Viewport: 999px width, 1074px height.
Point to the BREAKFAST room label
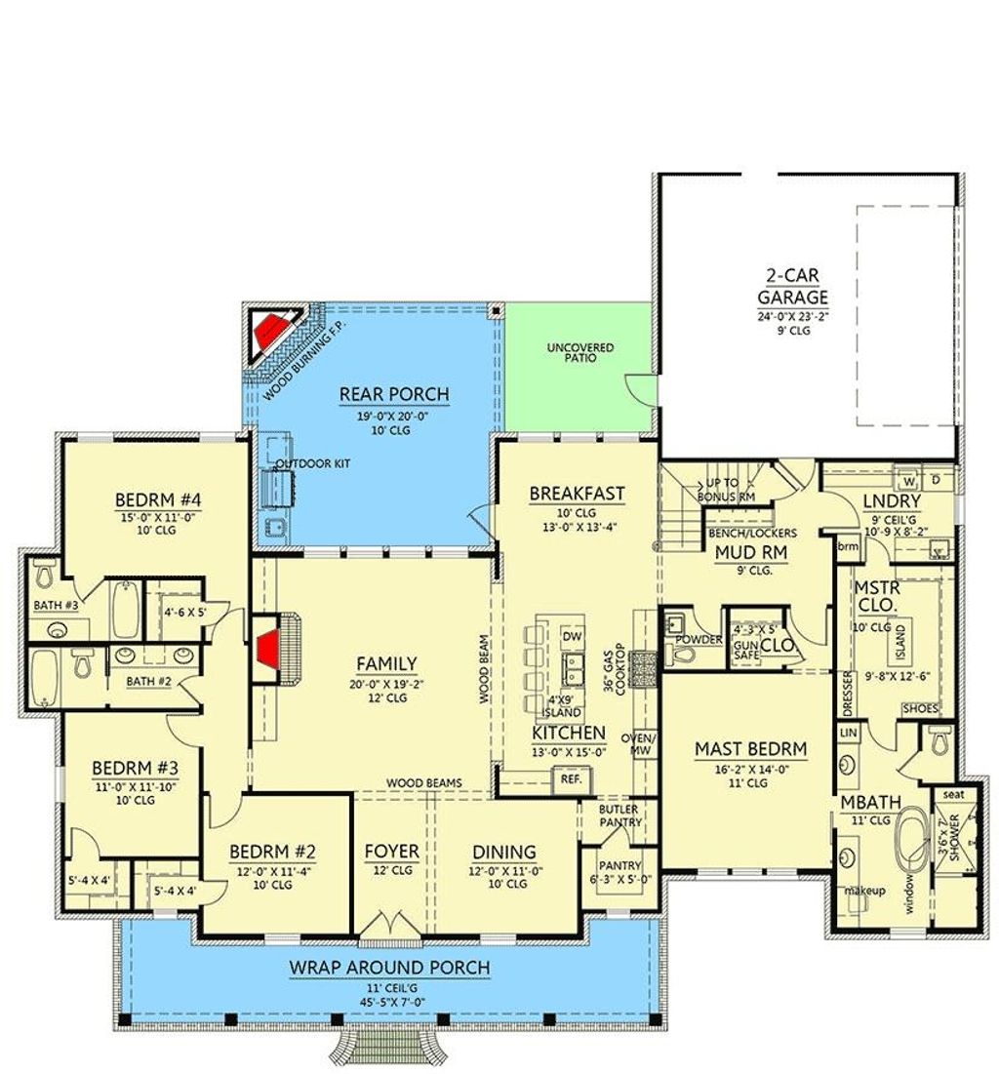coord(577,494)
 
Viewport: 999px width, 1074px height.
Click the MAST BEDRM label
coord(750,749)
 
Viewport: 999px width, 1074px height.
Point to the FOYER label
coord(392,852)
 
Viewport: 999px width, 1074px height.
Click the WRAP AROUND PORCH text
coord(389,968)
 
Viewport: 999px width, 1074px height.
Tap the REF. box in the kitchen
coord(568,779)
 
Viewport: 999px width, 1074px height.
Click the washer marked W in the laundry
coord(905,480)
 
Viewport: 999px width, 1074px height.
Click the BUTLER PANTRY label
coord(620,815)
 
